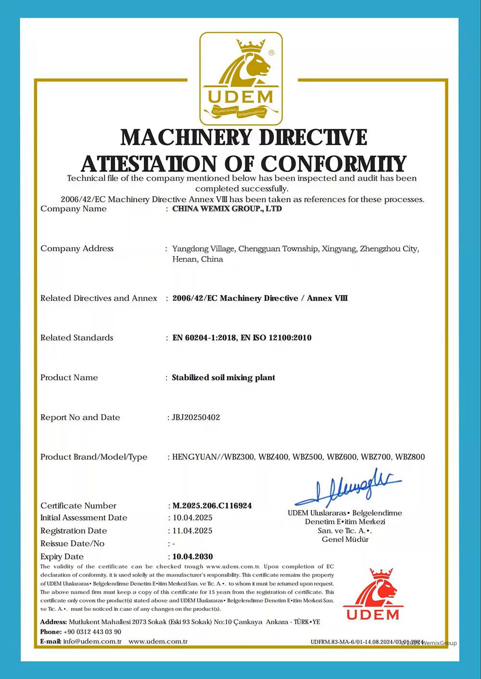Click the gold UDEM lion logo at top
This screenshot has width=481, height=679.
(x=241, y=78)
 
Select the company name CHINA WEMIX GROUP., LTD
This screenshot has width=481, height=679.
(x=227, y=209)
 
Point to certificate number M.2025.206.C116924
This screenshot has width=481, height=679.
(x=212, y=506)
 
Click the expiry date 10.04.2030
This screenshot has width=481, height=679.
(x=192, y=556)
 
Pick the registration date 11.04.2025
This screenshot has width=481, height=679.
(x=192, y=531)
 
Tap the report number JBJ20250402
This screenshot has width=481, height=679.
(x=196, y=417)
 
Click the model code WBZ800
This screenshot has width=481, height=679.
(x=410, y=457)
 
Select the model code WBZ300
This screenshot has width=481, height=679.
(x=239, y=457)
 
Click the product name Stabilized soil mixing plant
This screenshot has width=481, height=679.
(x=223, y=378)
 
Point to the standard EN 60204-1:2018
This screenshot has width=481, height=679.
(x=204, y=338)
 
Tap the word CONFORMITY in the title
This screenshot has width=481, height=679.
(x=334, y=164)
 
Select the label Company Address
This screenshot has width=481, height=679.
(x=77, y=248)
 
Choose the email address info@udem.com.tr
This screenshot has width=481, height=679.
(x=92, y=642)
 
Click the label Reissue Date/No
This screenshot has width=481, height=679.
(x=72, y=543)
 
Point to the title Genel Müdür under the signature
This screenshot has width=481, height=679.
(x=345, y=539)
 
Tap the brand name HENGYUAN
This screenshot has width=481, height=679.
(x=194, y=457)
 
